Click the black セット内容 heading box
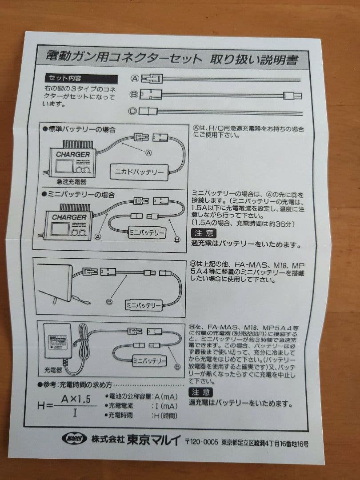point(81,78)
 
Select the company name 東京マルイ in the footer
point(153,440)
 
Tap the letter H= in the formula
point(45,405)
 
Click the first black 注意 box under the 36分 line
point(204,233)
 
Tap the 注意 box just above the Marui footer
point(201,392)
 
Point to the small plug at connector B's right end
point(293,95)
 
